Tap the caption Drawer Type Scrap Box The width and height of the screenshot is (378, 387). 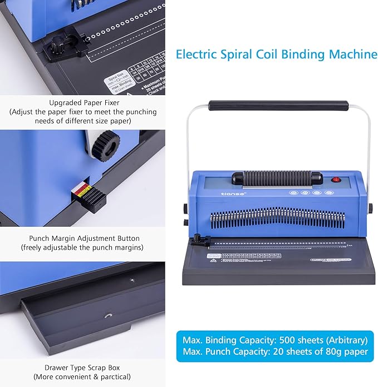pos(82,368)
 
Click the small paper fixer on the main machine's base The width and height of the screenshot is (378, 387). pos(197,241)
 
